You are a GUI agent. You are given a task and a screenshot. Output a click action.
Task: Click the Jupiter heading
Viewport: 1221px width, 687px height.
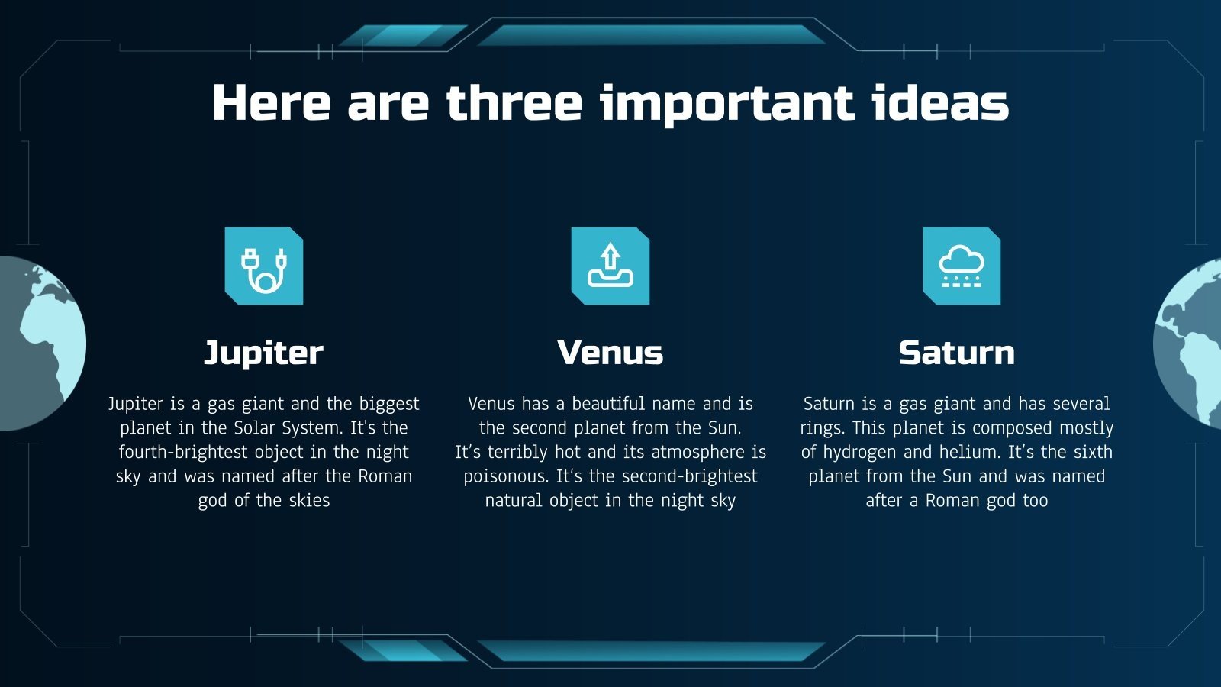[263, 353]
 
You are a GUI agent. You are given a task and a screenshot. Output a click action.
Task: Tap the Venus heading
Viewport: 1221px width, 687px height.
[610, 353]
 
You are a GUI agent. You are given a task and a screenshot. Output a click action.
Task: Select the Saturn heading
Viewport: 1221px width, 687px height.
[956, 353]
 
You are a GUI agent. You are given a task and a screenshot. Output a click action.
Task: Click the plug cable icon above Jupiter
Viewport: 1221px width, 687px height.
[264, 266]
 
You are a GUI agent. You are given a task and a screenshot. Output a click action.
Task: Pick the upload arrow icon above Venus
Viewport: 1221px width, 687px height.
[610, 266]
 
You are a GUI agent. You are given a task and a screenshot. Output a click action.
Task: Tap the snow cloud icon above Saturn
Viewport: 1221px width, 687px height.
[962, 266]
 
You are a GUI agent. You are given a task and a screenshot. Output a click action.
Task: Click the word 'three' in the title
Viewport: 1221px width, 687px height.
[514, 103]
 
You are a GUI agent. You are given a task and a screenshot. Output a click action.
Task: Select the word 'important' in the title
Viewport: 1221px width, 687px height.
[726, 105]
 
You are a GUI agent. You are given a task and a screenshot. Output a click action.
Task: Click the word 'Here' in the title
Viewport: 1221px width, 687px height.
[271, 103]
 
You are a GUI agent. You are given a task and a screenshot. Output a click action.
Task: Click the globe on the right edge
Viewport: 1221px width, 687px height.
[1190, 343]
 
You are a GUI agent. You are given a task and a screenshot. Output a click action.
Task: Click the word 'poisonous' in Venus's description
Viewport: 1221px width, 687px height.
[505, 476]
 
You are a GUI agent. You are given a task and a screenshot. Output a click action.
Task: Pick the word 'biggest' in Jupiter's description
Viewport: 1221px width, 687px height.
[389, 404]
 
